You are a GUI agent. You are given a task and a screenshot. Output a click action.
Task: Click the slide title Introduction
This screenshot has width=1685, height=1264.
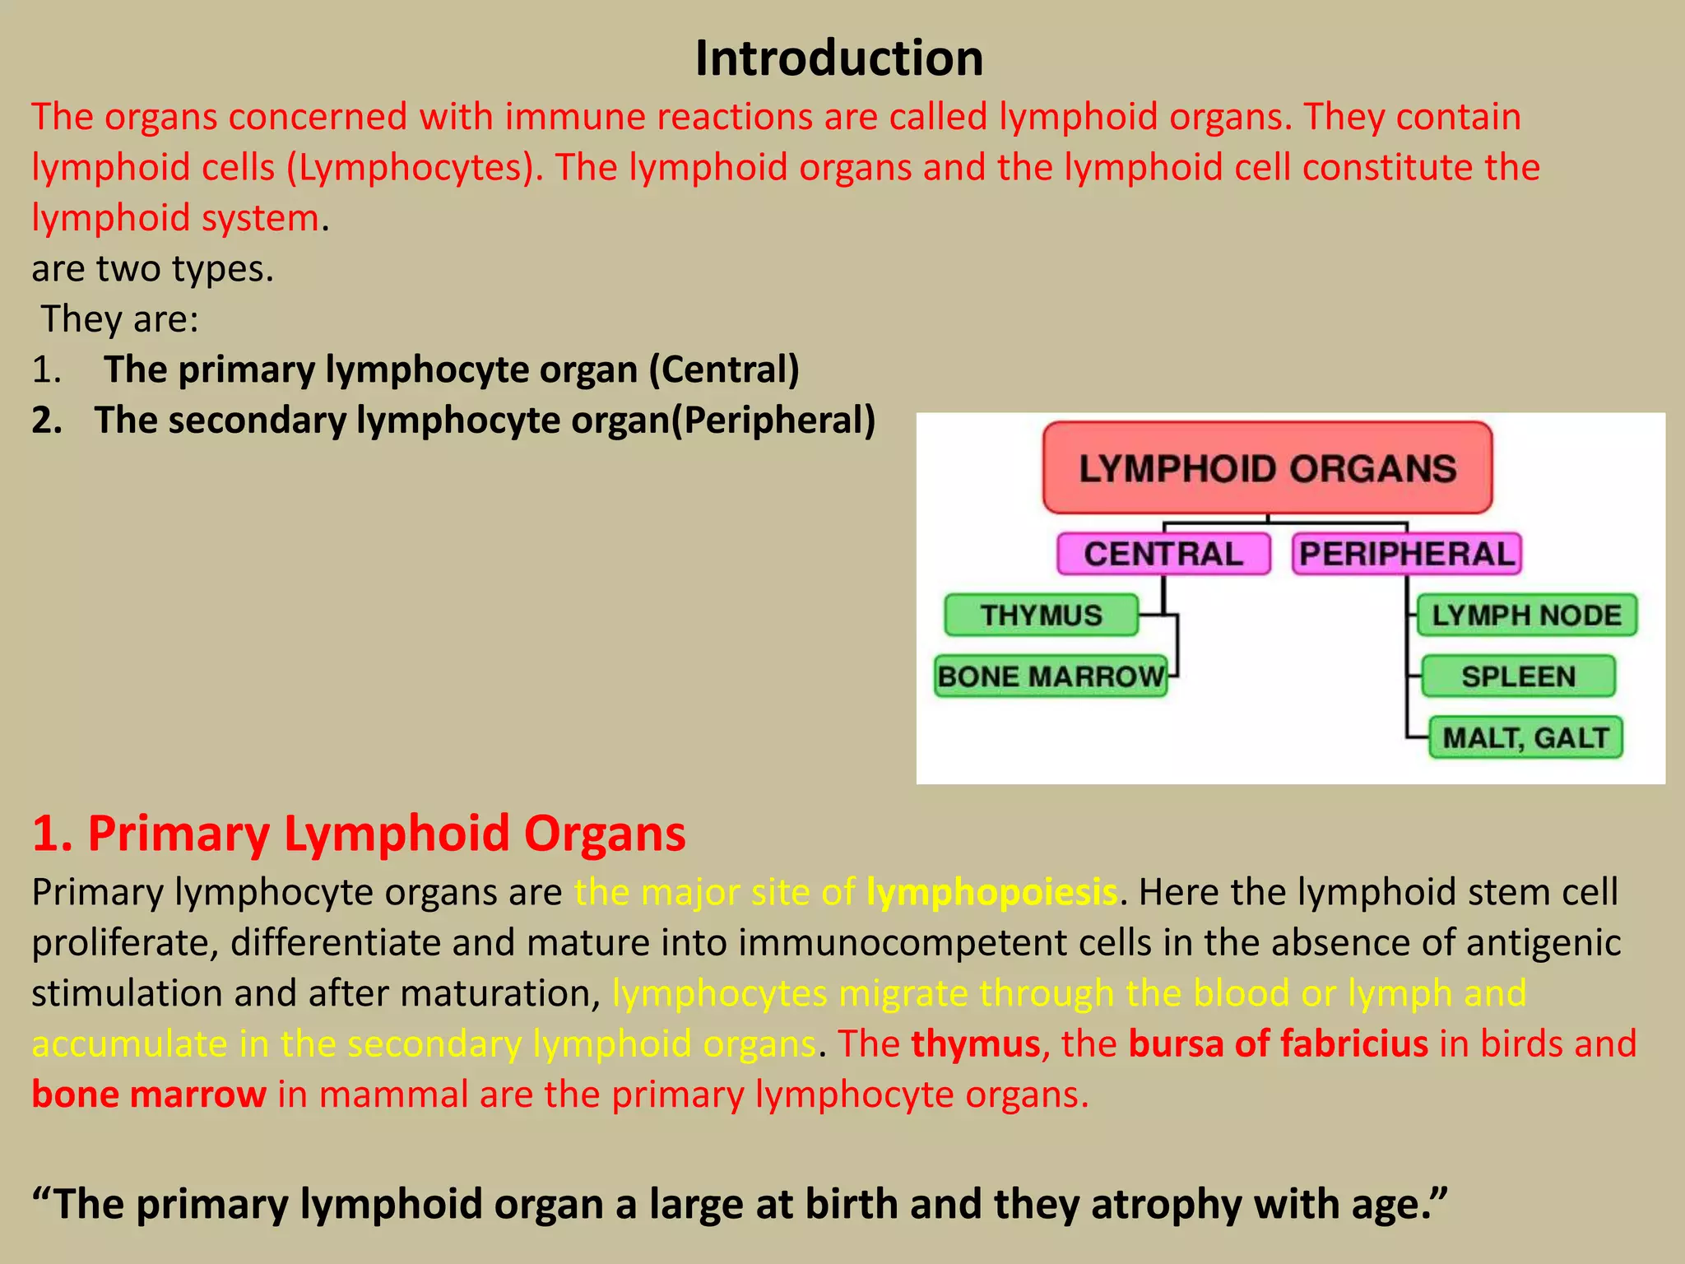(838, 59)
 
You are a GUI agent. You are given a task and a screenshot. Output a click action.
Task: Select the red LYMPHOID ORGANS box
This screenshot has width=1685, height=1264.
(1267, 468)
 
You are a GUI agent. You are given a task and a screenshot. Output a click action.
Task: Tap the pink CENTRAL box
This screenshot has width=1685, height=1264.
(1163, 554)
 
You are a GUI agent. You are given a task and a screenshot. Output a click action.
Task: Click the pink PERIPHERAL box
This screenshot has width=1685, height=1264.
(1406, 554)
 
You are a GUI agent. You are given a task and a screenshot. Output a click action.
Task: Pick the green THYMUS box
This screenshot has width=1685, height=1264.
(1041, 616)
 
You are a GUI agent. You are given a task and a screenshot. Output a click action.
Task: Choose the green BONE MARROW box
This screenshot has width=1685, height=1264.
(1051, 676)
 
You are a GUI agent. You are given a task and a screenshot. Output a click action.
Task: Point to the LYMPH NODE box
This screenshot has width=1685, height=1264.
(1526, 616)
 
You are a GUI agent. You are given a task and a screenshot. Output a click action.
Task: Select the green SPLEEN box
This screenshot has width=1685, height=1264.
(1518, 676)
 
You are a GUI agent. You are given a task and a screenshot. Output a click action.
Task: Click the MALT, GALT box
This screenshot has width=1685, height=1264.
(1525, 737)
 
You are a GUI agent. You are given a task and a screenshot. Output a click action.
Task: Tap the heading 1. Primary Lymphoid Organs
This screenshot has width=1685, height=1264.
(359, 834)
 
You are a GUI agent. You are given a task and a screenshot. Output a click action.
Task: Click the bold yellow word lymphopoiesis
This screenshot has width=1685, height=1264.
(991, 893)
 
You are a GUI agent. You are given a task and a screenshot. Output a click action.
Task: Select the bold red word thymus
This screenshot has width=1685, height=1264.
(976, 1044)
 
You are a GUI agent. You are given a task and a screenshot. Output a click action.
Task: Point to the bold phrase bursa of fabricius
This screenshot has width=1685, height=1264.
(1278, 1044)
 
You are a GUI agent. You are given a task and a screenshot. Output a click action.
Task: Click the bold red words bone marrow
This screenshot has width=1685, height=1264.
(149, 1095)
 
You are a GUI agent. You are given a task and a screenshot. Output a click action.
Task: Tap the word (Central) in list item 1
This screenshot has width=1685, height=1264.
(724, 369)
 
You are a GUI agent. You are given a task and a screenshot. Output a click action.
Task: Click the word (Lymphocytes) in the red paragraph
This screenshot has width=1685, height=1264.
(415, 168)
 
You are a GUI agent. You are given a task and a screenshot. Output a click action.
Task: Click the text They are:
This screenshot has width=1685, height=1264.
(120, 319)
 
